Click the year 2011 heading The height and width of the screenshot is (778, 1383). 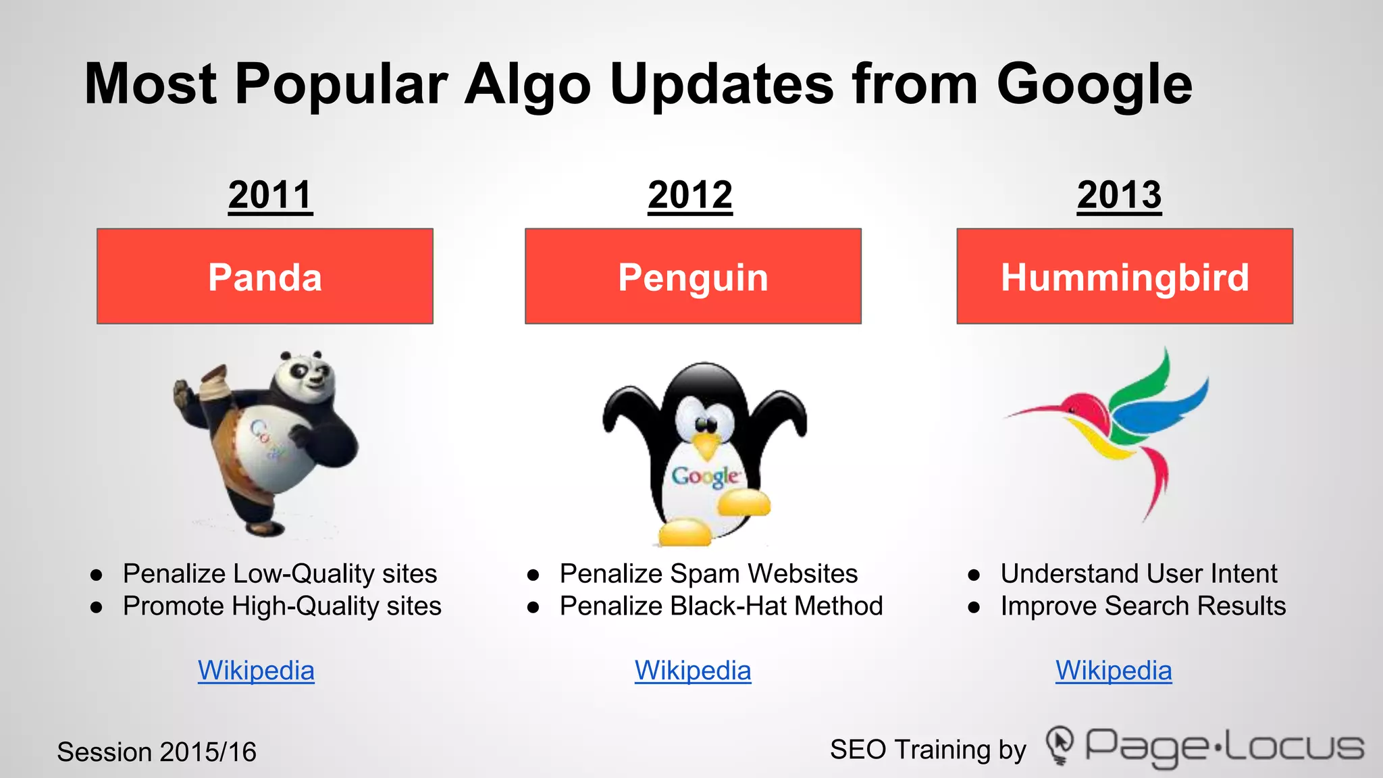tap(270, 195)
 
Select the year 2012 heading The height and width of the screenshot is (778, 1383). tap(689, 195)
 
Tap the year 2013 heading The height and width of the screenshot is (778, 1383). tap(1119, 195)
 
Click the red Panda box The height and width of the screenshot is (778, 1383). tap(265, 276)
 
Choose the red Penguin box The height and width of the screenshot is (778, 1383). tap(693, 276)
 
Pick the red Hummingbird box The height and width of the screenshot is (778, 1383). tap(1124, 276)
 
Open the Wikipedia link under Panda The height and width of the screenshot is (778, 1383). tap(256, 671)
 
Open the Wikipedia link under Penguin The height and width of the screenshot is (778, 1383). tap(693, 671)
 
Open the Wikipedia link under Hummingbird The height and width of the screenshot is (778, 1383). tap(1114, 671)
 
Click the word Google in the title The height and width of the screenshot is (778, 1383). tap(1094, 84)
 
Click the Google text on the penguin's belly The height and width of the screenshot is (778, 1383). tap(704, 476)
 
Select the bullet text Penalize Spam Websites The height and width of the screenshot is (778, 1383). tap(708, 573)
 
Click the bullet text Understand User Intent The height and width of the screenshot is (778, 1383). tap(1139, 573)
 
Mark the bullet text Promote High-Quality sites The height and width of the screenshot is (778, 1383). tap(282, 606)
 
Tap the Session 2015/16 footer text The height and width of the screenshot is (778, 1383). tap(157, 752)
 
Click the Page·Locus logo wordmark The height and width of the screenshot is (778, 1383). tap(1222, 746)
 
